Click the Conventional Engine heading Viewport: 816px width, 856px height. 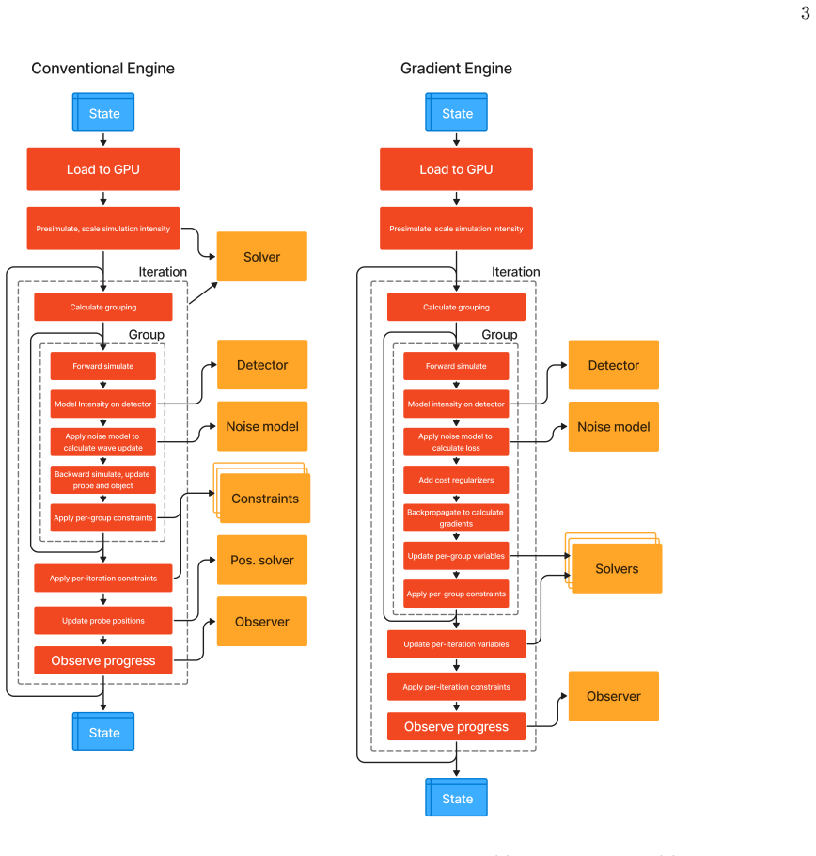(x=102, y=69)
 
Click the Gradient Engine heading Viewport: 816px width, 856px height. (x=456, y=69)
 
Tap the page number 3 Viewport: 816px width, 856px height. (x=805, y=13)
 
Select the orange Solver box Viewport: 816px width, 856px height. (x=262, y=257)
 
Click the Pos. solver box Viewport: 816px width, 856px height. (x=262, y=560)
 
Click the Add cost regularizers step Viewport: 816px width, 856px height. (x=456, y=480)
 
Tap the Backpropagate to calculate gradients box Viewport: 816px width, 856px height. (x=456, y=517)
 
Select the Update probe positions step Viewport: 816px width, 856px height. (x=103, y=621)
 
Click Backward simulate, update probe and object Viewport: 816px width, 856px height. (x=103, y=480)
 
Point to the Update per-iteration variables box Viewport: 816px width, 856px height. (x=456, y=644)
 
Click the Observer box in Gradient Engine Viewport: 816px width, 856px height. (x=614, y=696)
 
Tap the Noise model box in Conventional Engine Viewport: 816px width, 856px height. (x=262, y=426)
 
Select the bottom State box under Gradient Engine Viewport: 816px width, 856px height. (x=456, y=798)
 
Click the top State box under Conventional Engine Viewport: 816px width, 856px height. (x=103, y=112)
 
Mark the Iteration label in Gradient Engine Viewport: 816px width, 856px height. (x=515, y=272)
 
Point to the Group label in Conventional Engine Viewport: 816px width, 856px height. (x=146, y=334)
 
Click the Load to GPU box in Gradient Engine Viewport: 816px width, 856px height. (x=456, y=169)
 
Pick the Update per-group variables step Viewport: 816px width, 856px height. (x=456, y=556)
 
